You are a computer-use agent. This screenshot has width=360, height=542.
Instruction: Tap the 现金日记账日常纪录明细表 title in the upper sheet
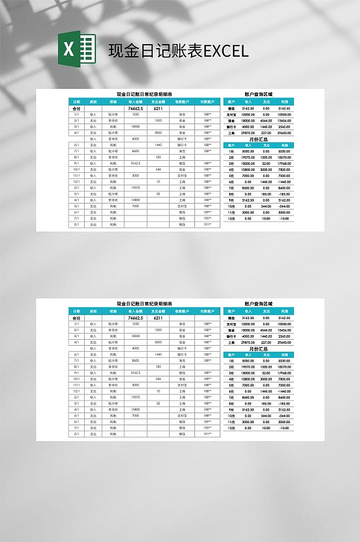(x=144, y=95)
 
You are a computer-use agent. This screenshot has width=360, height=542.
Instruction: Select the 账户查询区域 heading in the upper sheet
(x=258, y=95)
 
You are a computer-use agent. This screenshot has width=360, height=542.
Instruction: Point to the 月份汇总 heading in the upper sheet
(x=258, y=139)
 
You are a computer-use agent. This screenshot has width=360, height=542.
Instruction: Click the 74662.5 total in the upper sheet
(x=136, y=108)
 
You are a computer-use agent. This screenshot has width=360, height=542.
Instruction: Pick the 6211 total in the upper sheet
(x=158, y=108)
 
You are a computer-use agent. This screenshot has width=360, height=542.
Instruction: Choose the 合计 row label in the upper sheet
(x=76, y=108)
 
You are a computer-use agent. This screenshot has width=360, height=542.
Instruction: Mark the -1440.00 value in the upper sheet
(x=284, y=182)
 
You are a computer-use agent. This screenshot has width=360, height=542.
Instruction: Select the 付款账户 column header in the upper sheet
(x=207, y=102)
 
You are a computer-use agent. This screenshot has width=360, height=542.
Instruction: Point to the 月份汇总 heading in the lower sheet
(x=258, y=348)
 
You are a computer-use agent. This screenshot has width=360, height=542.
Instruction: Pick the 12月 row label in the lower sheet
(x=231, y=427)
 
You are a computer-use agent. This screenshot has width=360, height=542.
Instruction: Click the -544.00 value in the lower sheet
(x=284, y=415)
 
